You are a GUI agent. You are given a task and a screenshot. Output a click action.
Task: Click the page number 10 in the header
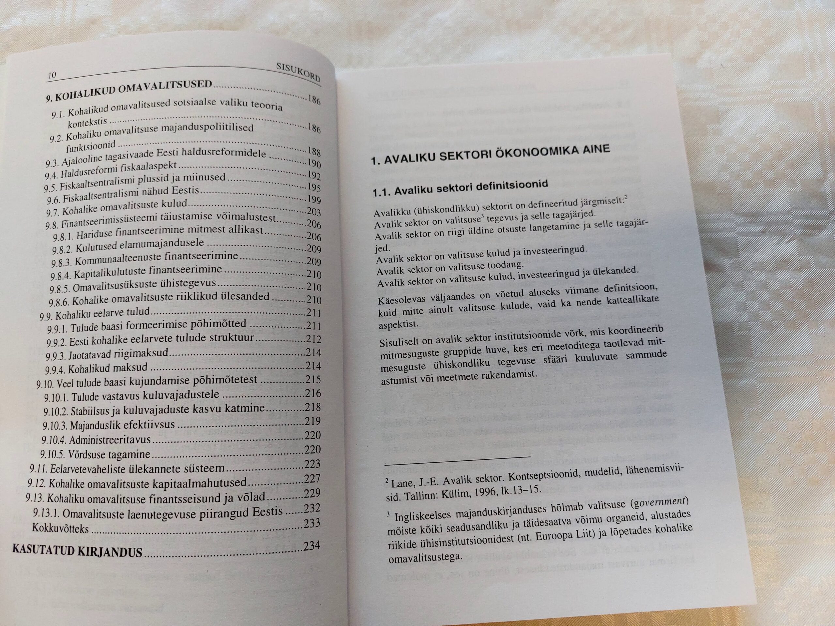pos(52,75)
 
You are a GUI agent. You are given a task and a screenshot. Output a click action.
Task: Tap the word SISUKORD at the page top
pos(298,73)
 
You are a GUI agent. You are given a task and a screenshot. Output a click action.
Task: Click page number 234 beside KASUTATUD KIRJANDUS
pos(311,545)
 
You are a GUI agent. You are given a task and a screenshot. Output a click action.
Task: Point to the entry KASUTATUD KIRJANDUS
pos(77,551)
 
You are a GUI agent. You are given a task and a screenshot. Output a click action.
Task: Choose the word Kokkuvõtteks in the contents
pos(60,528)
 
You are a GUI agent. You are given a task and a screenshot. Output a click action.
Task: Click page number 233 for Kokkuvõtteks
pos(312,523)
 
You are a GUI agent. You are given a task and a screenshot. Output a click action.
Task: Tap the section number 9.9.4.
pos(55,369)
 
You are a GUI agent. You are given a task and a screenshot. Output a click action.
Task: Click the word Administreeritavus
pos(110,440)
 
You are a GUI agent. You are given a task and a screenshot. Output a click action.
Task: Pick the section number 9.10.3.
pos(55,425)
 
